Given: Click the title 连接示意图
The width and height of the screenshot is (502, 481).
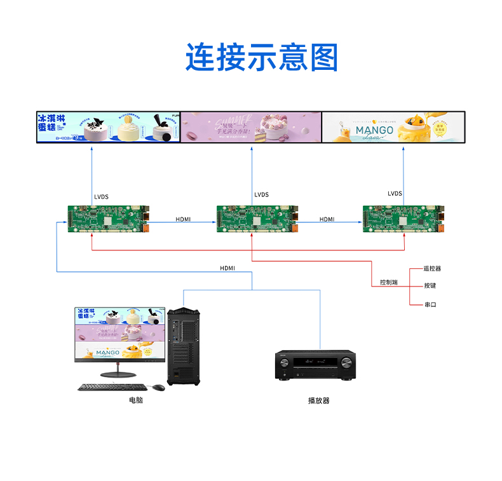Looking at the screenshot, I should pos(262,58).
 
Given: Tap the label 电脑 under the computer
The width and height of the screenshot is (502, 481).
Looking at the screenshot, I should pos(136,400).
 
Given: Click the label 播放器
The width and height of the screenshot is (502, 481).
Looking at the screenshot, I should pos(318,400).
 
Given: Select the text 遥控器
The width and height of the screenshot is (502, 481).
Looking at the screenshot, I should pos(433,269).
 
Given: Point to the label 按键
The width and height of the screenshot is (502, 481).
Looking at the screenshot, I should pos(430,286).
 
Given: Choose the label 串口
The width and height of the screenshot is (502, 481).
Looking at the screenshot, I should pos(430,304).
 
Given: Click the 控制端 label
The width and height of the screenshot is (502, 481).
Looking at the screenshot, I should pos(389,282).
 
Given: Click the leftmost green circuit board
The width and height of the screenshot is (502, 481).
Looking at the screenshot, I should pos(109,218).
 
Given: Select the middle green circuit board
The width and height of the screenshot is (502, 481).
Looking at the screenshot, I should pos(257,218).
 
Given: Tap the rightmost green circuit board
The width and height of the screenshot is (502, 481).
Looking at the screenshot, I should pos(404,218).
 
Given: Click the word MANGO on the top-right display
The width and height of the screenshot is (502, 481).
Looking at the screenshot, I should pos(374,130).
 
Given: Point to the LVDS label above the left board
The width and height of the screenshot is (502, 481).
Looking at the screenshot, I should pos(101,197).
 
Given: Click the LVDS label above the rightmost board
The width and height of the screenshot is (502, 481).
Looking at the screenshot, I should pos(395,194).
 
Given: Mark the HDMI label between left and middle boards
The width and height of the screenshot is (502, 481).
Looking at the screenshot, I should pos(183,219).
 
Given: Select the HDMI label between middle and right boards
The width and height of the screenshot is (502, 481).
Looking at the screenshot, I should pos(327,219).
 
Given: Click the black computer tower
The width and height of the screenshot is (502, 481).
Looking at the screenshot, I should pos(184,346).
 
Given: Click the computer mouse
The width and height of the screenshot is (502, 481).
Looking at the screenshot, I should pos(158,386).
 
